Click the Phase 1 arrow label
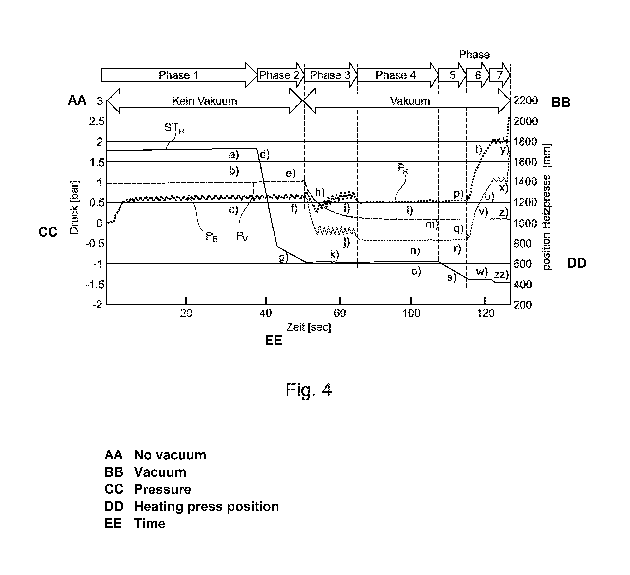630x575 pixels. tap(178, 75)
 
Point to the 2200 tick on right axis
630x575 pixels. tap(526, 100)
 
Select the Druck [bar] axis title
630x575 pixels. tap(74, 207)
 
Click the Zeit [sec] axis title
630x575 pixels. tap(308, 327)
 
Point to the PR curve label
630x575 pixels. tap(403, 169)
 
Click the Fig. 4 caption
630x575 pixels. tap(308, 390)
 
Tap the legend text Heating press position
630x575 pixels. tap(206, 506)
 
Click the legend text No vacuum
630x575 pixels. tap(170, 455)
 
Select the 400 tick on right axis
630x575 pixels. tap(522, 285)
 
